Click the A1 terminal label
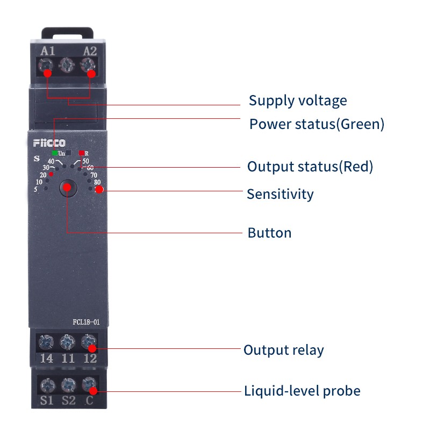pyautogui.click(x=47, y=52)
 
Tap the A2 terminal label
pyautogui.click(x=90, y=52)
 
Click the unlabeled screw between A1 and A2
pyautogui.click(x=67, y=66)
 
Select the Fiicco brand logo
pyautogui.click(x=49, y=143)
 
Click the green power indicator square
pyautogui.click(x=55, y=153)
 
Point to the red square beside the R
pyautogui.click(x=81, y=153)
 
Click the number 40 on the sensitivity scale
pyautogui.click(x=51, y=161)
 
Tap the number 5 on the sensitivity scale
pyautogui.click(x=35, y=189)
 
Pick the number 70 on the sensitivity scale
pyautogui.click(x=94, y=175)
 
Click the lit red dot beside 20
pyautogui.click(x=52, y=174)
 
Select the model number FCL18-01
pyautogui.click(x=87, y=322)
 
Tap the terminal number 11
pyautogui.click(x=68, y=359)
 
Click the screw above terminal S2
pyautogui.click(x=67, y=384)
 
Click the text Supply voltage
pyautogui.click(x=298, y=101)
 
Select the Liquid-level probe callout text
pyautogui.click(x=302, y=391)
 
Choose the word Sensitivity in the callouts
pyautogui.click(x=280, y=193)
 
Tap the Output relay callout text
pyautogui.click(x=284, y=350)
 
